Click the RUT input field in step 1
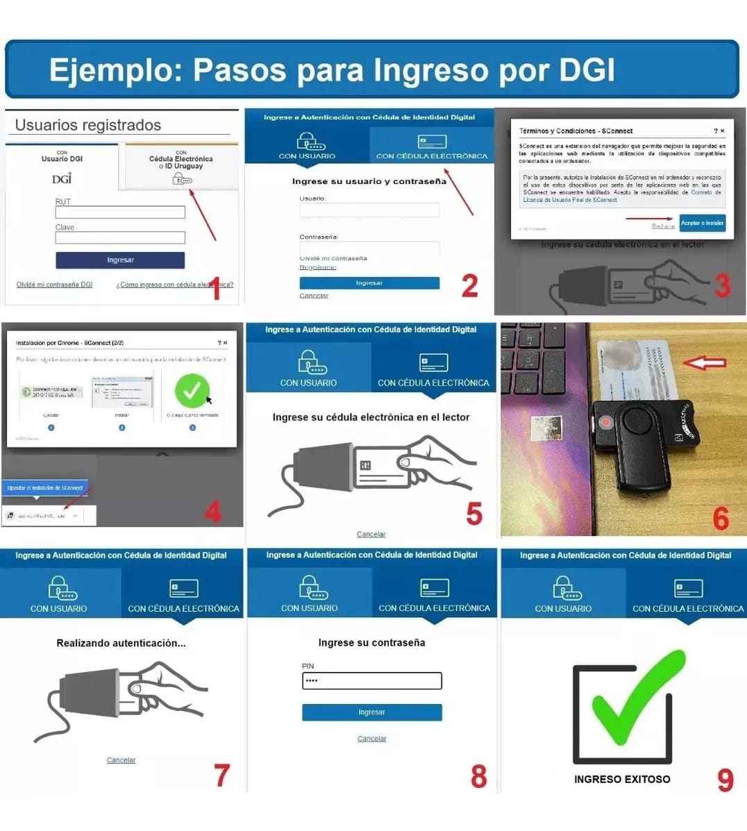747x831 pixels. tap(120, 212)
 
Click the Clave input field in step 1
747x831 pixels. tap(120, 238)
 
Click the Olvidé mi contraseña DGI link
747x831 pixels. tap(54, 285)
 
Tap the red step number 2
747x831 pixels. tap(470, 285)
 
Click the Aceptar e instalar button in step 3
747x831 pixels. tap(702, 223)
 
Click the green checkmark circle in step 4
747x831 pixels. tap(192, 391)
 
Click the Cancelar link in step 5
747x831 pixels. tap(371, 535)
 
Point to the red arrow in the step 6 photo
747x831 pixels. tap(704, 362)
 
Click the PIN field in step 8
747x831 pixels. tap(371, 681)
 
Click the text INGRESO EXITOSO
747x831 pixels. tap(622, 779)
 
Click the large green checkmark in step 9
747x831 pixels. tap(635, 701)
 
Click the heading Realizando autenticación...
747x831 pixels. tap(121, 643)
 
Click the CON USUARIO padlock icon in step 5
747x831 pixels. tap(310, 362)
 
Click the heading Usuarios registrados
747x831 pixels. tap(88, 125)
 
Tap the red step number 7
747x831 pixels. tap(221, 775)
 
